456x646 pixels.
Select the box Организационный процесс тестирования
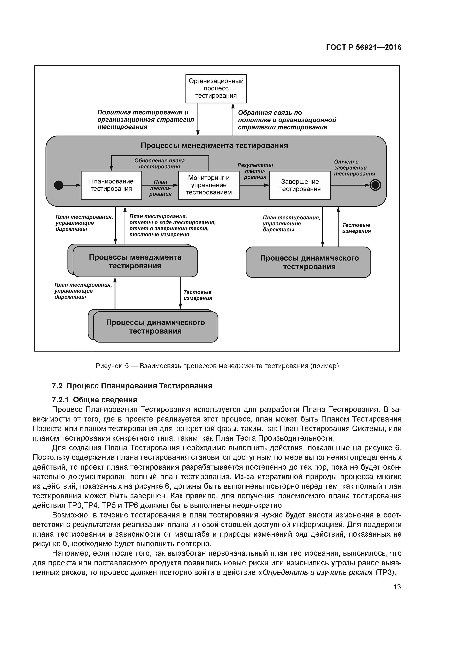click(x=216, y=88)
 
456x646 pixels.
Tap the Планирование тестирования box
click(x=111, y=185)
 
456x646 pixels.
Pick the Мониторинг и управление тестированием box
click(x=209, y=185)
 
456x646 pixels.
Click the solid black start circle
click(x=59, y=185)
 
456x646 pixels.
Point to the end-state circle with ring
click(x=375, y=185)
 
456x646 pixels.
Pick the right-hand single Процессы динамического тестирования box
click(x=309, y=262)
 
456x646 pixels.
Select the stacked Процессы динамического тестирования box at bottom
click(x=155, y=327)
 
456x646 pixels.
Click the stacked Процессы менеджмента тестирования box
click(x=135, y=261)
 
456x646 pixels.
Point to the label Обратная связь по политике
click(x=287, y=120)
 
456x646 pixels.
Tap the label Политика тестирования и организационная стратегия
click(x=146, y=120)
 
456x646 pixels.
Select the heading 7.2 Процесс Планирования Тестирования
click(x=132, y=386)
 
